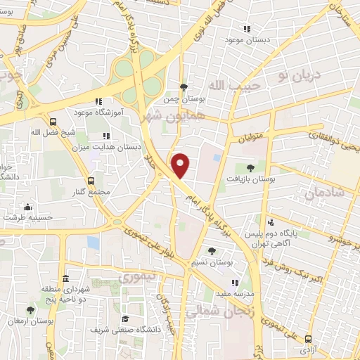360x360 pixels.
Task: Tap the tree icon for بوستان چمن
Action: pyautogui.click(x=184, y=87)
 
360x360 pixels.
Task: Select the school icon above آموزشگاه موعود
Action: pyautogui.click(x=99, y=101)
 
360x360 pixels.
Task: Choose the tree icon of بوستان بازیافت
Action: pyautogui.click(x=250, y=167)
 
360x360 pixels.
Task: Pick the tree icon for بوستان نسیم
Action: pyautogui.click(x=212, y=250)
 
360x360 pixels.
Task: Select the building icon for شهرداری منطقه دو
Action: pyautogui.click(x=65, y=277)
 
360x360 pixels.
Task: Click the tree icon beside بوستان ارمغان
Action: pyautogui.click(x=30, y=309)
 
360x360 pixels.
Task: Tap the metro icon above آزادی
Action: pyautogui.click(x=308, y=337)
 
